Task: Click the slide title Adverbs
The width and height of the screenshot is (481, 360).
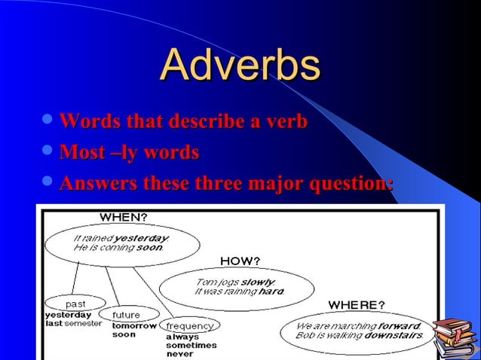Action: [x=240, y=66]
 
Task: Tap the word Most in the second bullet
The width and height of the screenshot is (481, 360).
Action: [x=82, y=153]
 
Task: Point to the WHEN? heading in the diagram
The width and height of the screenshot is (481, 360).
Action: [x=124, y=218]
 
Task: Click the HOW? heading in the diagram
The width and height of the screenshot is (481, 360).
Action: [x=240, y=261]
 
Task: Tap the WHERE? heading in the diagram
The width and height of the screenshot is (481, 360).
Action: [x=356, y=305]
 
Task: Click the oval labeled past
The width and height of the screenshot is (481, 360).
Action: [x=75, y=303]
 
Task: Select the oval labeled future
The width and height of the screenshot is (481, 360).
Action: [x=135, y=314]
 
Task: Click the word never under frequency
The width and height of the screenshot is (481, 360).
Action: [x=179, y=354]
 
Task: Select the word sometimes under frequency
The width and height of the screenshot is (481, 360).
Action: [x=191, y=345]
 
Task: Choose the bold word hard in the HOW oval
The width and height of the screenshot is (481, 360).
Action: [x=271, y=291]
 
